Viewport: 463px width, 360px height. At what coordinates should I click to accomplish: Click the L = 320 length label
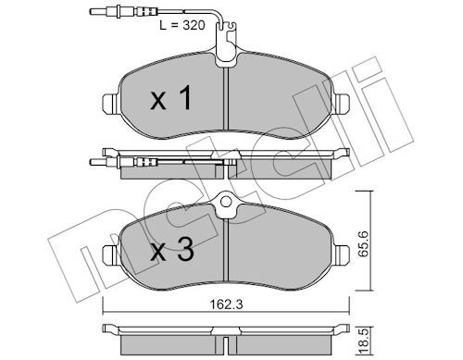click(182, 25)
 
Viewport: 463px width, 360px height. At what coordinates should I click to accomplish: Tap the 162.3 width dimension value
click(226, 304)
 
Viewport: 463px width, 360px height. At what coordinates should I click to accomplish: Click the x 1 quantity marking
click(171, 98)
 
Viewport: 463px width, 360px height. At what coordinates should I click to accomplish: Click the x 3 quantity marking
click(172, 249)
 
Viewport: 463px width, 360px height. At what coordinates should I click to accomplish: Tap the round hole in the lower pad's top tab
click(226, 202)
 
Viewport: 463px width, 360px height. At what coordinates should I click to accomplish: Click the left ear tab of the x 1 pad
click(110, 104)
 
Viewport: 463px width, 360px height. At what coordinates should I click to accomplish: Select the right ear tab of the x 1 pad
click(341, 104)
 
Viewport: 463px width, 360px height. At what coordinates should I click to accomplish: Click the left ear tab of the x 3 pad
click(110, 254)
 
